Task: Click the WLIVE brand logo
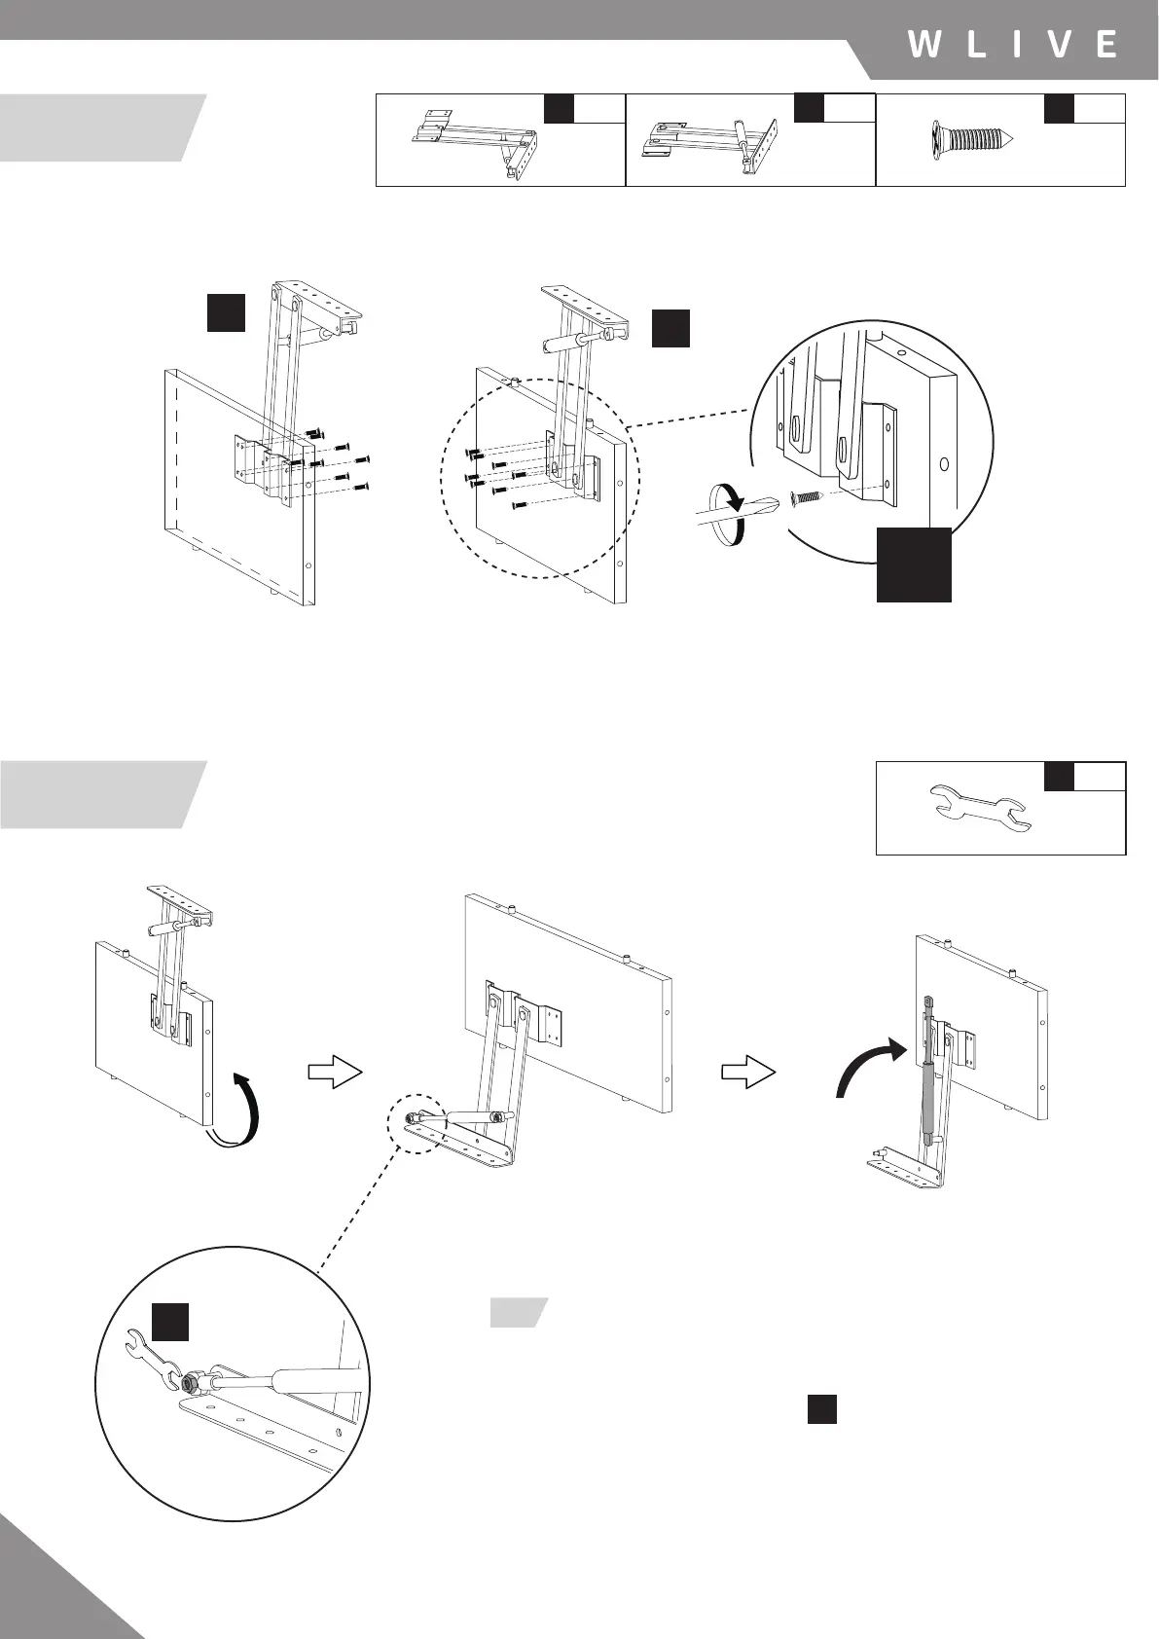(1012, 45)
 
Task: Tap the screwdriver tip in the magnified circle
(770, 507)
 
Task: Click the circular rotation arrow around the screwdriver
(726, 515)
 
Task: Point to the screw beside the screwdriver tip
(808, 497)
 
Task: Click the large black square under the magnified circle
(914, 565)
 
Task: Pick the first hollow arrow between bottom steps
(335, 1072)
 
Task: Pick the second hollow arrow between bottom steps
(748, 1072)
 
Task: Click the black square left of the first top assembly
(226, 310)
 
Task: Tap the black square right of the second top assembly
(670, 328)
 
